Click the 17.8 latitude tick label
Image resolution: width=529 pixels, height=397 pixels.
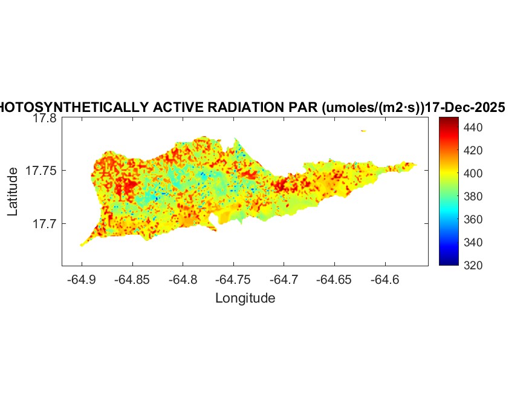[44, 119]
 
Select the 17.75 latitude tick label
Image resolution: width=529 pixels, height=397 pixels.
[41, 171]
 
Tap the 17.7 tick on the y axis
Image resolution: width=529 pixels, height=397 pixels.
[44, 224]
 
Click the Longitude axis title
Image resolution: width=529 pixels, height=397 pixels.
[245, 298]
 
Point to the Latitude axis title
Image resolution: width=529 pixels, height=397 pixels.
[13, 192]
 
